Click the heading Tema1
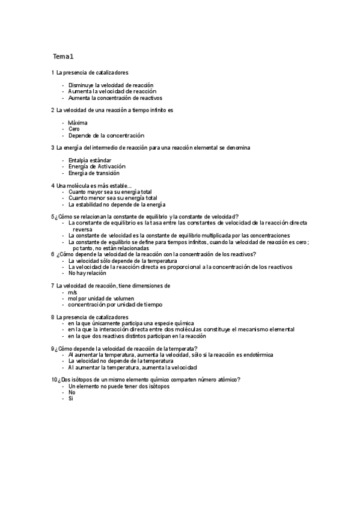pyautogui.click(x=63, y=57)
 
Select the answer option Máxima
pyautogui.click(x=78, y=123)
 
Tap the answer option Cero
pyautogui.click(x=74, y=129)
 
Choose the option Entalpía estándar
pyautogui.click(x=90, y=160)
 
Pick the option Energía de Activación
pyautogui.click(x=97, y=166)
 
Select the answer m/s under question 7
pyautogui.click(x=72, y=292)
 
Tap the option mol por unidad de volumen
pyautogui.click(x=101, y=298)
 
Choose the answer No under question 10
pyautogui.click(x=72, y=392)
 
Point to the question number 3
pyautogui.click(x=53, y=147)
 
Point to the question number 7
pyautogui.click(x=53, y=286)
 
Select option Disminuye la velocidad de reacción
pyautogui.click(x=111, y=85)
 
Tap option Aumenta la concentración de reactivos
pyautogui.click(x=115, y=97)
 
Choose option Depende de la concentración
pyautogui.click(x=106, y=135)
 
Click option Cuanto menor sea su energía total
pyautogui.click(x=113, y=197)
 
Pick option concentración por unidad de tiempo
pyautogui.click(x=111, y=304)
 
